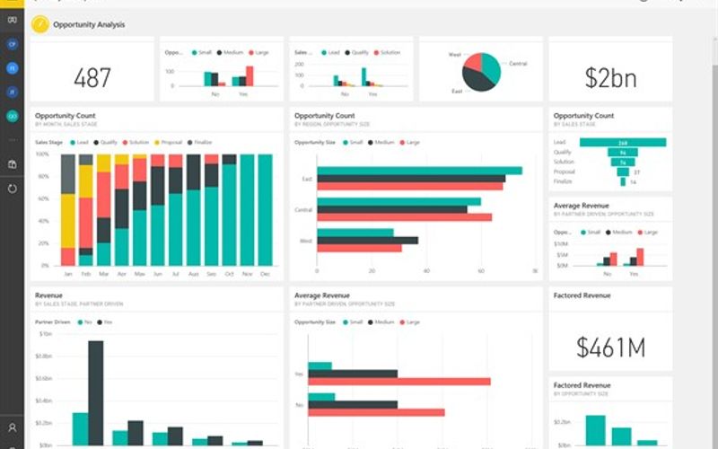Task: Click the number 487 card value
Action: [x=92, y=78]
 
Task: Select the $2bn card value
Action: [x=610, y=78]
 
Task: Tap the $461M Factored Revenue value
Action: [x=610, y=347]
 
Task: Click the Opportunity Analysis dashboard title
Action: [x=90, y=24]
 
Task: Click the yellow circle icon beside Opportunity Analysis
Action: [x=39, y=24]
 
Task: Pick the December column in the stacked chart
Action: [x=265, y=210]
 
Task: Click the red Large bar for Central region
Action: [x=404, y=217]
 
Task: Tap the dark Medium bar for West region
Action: [x=367, y=240]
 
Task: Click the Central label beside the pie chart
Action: [x=518, y=64]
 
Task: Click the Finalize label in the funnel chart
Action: [x=563, y=181]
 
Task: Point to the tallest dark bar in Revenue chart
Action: [x=95, y=392]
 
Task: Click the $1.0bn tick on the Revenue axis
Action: [x=44, y=333]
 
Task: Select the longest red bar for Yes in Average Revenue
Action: [x=398, y=382]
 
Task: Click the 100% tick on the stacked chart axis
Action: [x=41, y=154]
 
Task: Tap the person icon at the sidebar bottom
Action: [x=13, y=428]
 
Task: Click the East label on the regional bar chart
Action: [x=307, y=179]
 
